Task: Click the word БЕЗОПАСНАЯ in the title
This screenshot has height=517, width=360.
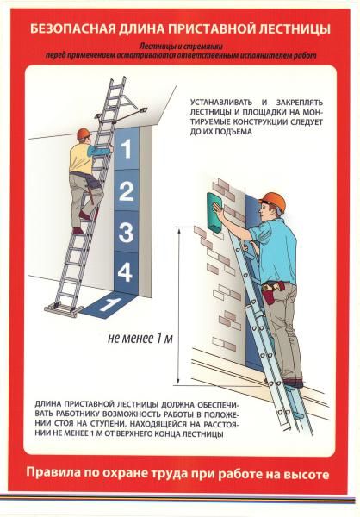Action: [x=73, y=29]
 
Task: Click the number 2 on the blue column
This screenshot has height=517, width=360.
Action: [x=126, y=191]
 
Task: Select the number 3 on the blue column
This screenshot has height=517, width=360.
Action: [x=126, y=232]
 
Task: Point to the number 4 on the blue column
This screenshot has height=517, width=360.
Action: [x=126, y=272]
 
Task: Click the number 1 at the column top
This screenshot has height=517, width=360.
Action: [x=127, y=149]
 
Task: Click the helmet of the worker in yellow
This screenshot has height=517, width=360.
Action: [x=84, y=134]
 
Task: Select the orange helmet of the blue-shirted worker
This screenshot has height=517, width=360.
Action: [x=273, y=201]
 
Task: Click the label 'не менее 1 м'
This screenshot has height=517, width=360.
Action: [x=140, y=339]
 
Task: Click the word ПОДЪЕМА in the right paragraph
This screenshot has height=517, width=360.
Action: [x=233, y=132]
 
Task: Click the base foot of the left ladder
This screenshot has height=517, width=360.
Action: [x=64, y=310]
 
